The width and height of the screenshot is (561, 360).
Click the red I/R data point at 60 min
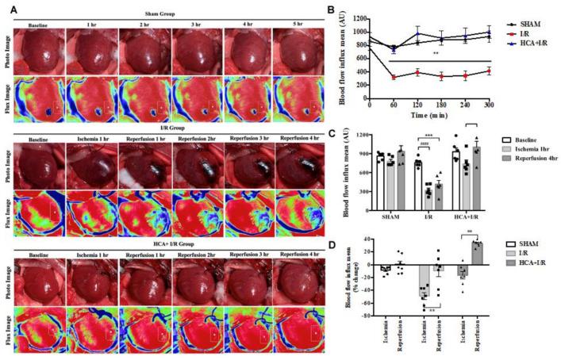[394, 77]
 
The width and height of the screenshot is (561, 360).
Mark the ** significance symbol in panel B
[436, 54]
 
